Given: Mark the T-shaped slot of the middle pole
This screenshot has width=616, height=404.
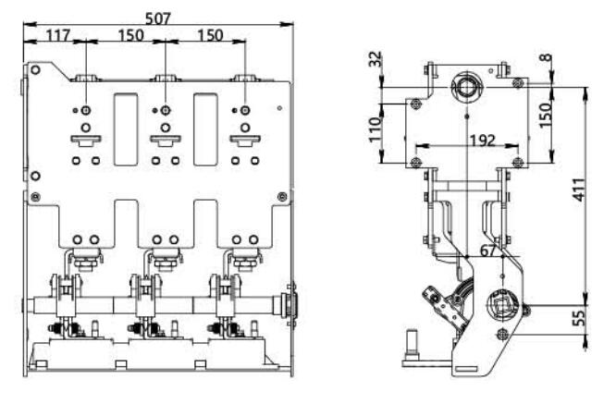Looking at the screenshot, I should pyautogui.click(x=164, y=141).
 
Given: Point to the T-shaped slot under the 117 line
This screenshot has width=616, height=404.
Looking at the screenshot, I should pyautogui.click(x=84, y=141).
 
